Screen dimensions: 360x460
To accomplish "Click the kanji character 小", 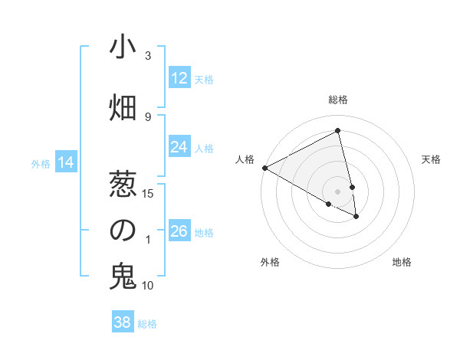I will click(x=123, y=47).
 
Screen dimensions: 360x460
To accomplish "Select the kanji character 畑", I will click(x=123, y=108).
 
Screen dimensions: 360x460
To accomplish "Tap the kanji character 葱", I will click(x=123, y=183).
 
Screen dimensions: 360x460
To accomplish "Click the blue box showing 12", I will click(x=179, y=77).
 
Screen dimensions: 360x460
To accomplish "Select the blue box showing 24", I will click(x=179, y=147).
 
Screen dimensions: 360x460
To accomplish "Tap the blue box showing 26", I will click(x=179, y=231).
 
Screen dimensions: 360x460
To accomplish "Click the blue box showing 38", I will click(x=123, y=322).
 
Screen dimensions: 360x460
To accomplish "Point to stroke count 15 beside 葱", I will click(x=149, y=193).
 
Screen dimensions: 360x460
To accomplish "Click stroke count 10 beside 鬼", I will click(x=149, y=286).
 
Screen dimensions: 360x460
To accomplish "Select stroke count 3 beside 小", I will click(x=149, y=56).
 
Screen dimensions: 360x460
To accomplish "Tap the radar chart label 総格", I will click(x=338, y=100).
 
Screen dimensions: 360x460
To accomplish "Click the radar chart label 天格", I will click(x=431, y=159).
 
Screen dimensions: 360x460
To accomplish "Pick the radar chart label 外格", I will click(x=270, y=262).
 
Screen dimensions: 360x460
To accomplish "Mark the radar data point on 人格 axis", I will click(x=264, y=168).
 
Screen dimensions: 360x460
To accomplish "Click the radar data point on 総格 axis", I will click(x=338, y=130).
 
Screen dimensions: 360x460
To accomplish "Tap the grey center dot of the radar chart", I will click(x=338, y=191).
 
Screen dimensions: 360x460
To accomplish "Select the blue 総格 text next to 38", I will click(x=147, y=324).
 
